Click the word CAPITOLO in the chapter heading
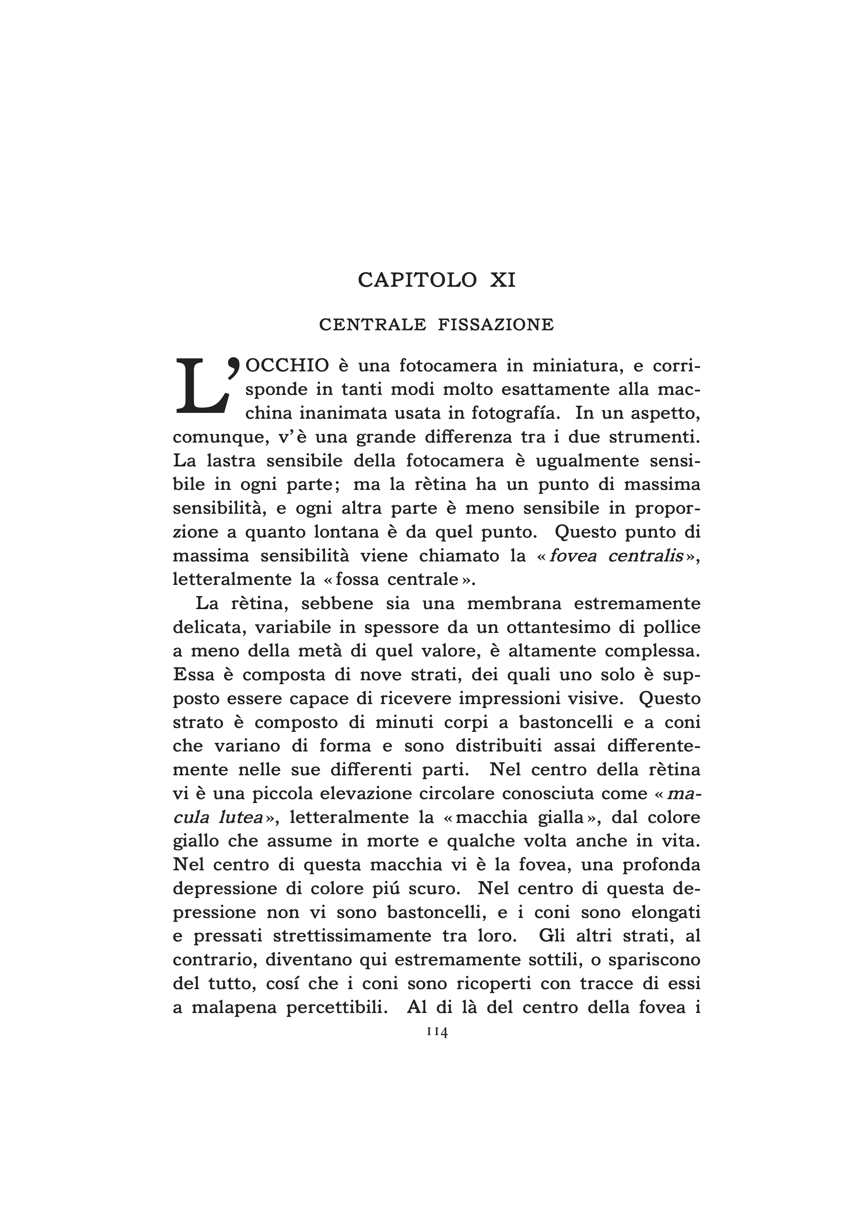point(418,280)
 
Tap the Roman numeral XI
point(502,280)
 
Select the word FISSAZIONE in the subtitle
point(496,325)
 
